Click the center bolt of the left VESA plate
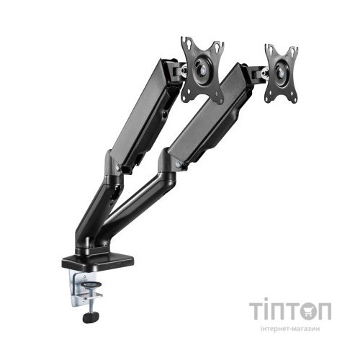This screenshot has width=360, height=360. pyautogui.click(x=203, y=70)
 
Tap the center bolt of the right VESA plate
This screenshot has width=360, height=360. pyautogui.click(x=281, y=72)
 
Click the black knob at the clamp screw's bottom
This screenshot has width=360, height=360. pyautogui.click(x=91, y=317)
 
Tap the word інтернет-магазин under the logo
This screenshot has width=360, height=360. pyautogui.click(x=289, y=328)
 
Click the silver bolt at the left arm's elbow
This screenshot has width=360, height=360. pyautogui.click(x=117, y=167)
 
